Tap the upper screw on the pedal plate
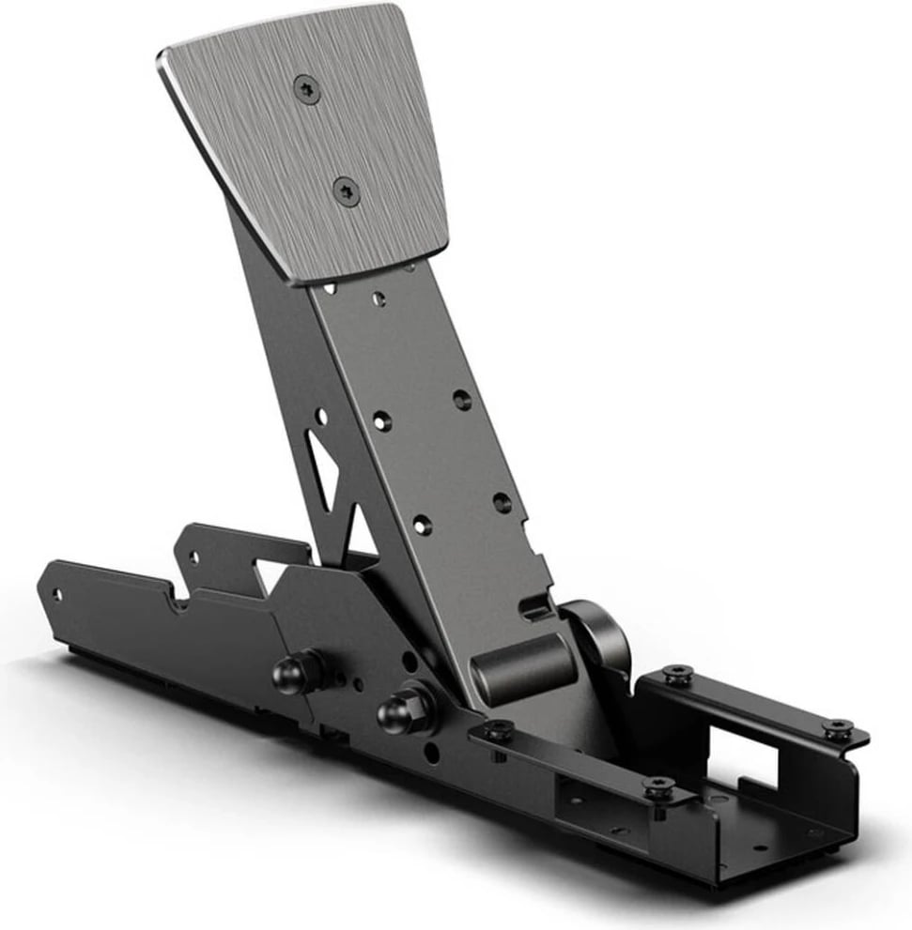click(x=307, y=89)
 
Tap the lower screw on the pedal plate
click(x=346, y=192)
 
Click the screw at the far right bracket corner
click(x=837, y=727)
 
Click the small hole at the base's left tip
click(x=57, y=595)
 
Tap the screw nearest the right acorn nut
click(x=497, y=731)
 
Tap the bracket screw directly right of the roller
click(x=675, y=674)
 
